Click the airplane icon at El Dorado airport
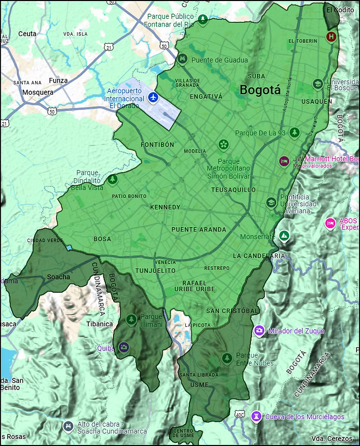pos(153,97)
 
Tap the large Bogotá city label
pos(260,90)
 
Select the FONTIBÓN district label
pos(157,145)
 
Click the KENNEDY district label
pos(165,207)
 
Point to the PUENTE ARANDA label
pos(199,230)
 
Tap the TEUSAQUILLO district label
pos(233,189)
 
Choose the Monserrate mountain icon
pos(284,236)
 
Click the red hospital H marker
pos(331,37)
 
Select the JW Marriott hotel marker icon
pos(284,161)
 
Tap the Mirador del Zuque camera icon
pos(259,331)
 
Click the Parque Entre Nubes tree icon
pos(227,358)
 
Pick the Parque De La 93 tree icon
pos(294,133)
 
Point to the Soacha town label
pos(58,277)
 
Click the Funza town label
pos(58,80)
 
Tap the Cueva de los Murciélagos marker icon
pos(256,416)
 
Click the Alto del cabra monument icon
pos(68,425)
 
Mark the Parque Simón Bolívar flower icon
pos(223,145)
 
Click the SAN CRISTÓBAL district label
pos(233,311)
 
